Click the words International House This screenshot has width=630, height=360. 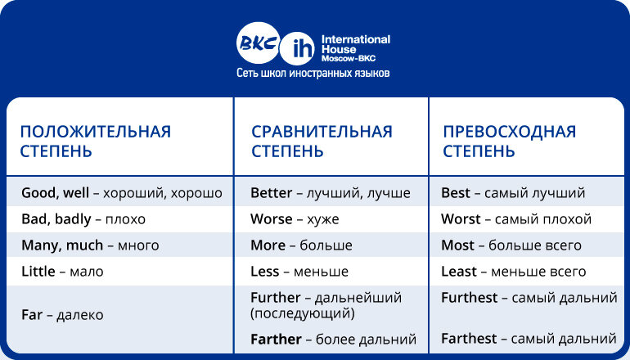[x=355, y=44]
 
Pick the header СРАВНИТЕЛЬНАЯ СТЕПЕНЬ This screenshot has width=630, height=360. [x=322, y=142]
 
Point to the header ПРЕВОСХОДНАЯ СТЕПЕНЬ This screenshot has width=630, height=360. [x=509, y=142]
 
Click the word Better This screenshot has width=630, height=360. [x=271, y=193]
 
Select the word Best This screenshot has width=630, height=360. [x=456, y=193]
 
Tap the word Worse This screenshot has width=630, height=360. [x=271, y=219]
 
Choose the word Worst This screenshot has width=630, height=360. [x=461, y=219]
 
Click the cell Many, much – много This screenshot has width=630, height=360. [x=90, y=245]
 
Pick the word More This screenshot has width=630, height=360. [x=268, y=245]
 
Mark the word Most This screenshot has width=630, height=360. [x=457, y=245]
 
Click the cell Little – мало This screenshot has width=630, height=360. [x=62, y=272]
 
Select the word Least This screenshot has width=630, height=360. [x=459, y=272]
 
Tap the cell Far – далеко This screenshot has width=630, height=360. [x=62, y=314]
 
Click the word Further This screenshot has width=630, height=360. [x=277, y=298]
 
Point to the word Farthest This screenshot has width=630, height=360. [x=469, y=339]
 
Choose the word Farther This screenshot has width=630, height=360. [x=277, y=339]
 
